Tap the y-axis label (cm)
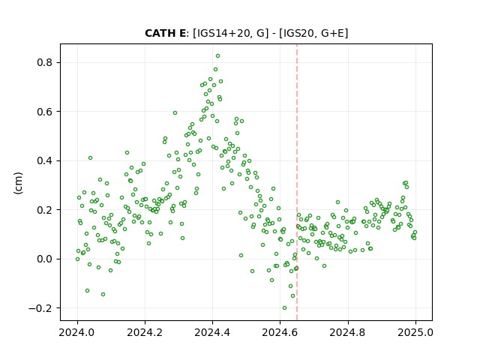pos(18,183)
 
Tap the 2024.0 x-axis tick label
pos(77,332)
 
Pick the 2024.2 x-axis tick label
pos(145,332)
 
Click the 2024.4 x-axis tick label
pos(212,332)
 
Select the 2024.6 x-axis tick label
pos(280,332)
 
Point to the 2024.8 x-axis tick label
pos(348,332)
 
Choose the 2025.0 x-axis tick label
pos(415,332)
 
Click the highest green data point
pos(217,56)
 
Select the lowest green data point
pos(284,308)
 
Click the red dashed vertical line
pos(297,182)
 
